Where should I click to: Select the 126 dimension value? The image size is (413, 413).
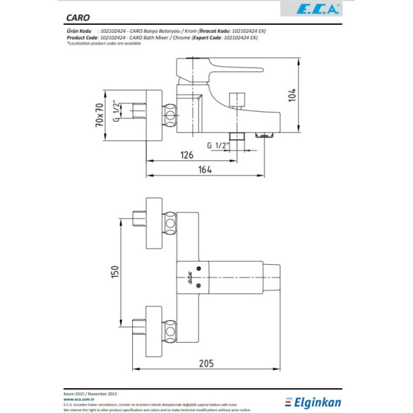187,156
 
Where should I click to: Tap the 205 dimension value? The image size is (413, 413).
205,363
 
